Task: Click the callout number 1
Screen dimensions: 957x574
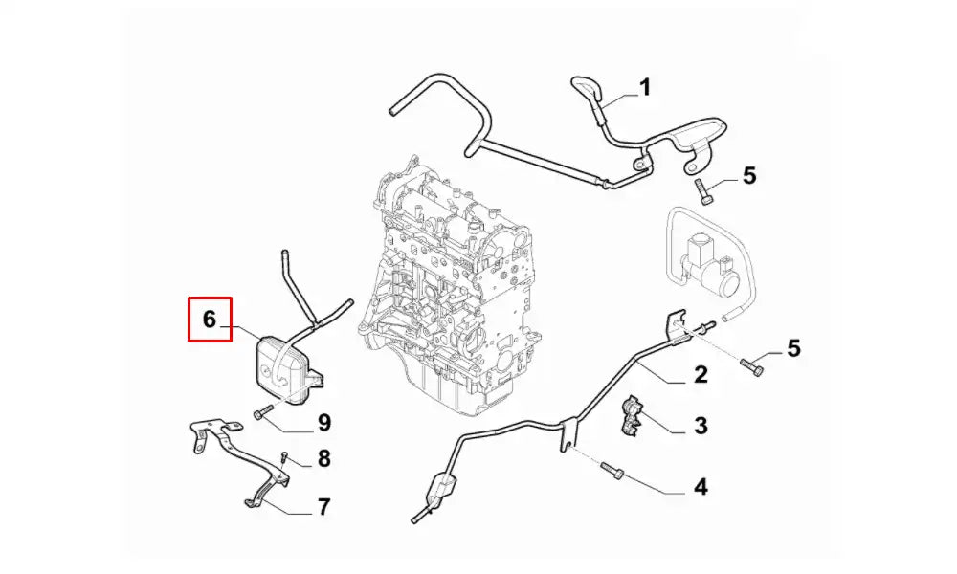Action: (x=644, y=87)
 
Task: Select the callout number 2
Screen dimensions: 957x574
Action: (x=701, y=374)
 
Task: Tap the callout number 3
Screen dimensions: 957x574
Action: (x=701, y=426)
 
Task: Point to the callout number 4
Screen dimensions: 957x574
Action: (x=701, y=487)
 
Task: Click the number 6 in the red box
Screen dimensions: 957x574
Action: (x=210, y=319)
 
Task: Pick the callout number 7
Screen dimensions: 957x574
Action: (x=323, y=507)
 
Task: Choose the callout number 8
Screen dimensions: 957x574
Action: (x=323, y=458)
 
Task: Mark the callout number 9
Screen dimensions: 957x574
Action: (x=323, y=422)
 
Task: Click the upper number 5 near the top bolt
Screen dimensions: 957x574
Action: (x=749, y=176)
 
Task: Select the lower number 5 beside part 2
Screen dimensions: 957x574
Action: (x=793, y=348)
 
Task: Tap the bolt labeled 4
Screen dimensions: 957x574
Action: (x=612, y=471)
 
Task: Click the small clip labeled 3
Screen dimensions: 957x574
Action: (x=630, y=415)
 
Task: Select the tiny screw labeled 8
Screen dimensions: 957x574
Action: (x=284, y=457)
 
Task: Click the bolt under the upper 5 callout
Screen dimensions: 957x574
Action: (x=703, y=191)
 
